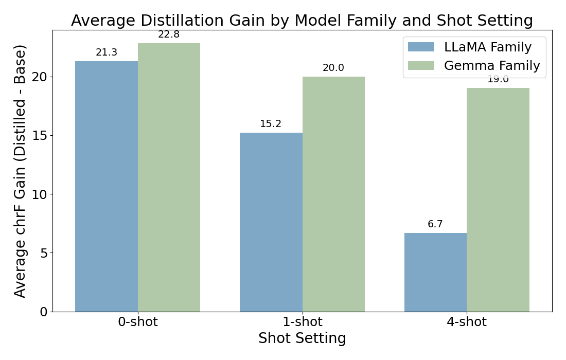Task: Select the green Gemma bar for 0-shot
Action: tap(169, 177)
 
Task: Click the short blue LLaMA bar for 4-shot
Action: tap(435, 272)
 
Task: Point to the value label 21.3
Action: tap(107, 52)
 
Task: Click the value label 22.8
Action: tap(169, 34)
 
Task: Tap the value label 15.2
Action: tap(271, 124)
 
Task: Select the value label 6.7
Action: tap(435, 224)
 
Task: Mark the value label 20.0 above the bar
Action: tap(333, 68)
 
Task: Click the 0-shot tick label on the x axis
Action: tap(137, 322)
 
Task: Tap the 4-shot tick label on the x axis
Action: tap(467, 322)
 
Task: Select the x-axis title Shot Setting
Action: tap(302, 338)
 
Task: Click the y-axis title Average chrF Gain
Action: tap(20, 171)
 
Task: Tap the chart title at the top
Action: tap(302, 21)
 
